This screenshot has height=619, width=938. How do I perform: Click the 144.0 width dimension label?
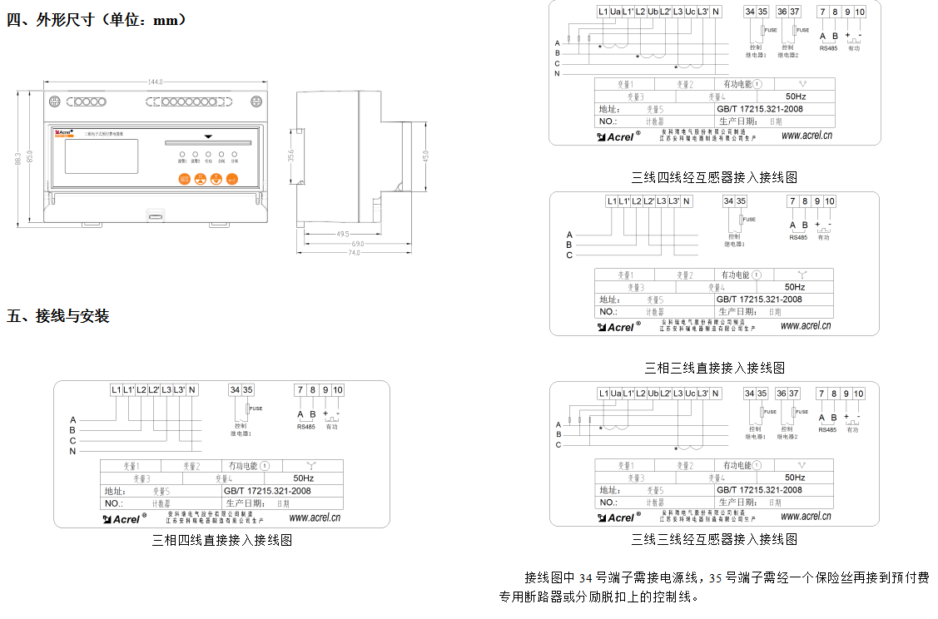tap(155, 82)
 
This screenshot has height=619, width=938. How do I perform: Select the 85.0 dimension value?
tap(30, 156)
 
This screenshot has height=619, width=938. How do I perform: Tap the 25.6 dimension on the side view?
tap(291, 156)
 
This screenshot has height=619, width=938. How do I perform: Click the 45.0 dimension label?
tap(425, 156)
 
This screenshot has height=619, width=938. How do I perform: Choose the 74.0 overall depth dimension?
tap(353, 253)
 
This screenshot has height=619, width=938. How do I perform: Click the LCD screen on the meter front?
tap(101, 156)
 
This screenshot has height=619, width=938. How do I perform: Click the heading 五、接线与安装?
tap(58, 316)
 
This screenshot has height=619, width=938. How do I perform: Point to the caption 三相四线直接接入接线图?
tap(221, 540)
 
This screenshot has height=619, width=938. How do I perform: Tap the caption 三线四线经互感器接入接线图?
tap(714, 177)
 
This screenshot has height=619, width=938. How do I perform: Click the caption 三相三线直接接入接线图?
tap(714, 368)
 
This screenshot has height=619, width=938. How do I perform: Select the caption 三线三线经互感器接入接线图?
tap(714, 540)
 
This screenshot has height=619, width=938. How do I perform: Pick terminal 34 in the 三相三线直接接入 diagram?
tap(728, 201)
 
